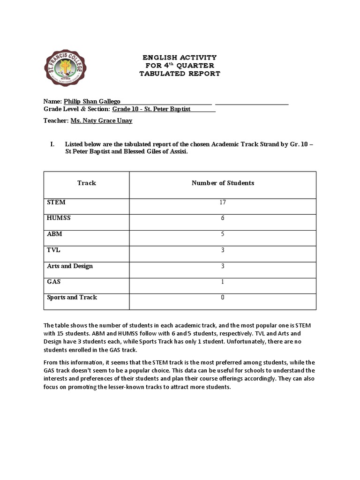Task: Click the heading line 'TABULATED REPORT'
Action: (180, 74)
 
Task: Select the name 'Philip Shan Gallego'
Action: (95, 101)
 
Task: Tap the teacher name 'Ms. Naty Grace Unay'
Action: (101, 120)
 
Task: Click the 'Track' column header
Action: (87, 183)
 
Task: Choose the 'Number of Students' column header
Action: (223, 183)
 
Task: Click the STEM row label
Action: (56, 202)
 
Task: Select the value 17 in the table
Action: (223, 202)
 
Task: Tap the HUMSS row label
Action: (59, 218)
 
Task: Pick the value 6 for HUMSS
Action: (223, 218)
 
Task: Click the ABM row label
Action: (54, 234)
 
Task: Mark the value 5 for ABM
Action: (223, 234)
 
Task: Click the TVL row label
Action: (54, 250)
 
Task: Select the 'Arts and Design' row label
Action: (70, 266)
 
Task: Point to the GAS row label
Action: (54, 282)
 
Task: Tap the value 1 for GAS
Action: (223, 282)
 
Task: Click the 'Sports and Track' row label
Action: (72, 297)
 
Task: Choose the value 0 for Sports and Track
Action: (223, 298)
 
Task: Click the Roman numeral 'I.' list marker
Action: (52, 144)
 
